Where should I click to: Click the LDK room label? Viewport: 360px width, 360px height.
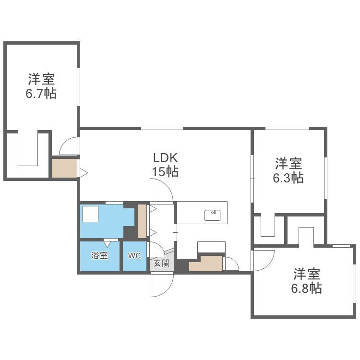[x=166, y=158]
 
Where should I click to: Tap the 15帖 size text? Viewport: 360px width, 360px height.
[x=166, y=171]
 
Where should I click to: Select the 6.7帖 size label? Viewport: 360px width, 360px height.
[x=41, y=93]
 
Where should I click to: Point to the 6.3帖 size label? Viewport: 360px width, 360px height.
[x=288, y=178]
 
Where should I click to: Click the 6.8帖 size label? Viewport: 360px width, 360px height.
[x=306, y=288]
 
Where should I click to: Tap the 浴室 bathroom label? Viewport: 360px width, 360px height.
[x=99, y=256]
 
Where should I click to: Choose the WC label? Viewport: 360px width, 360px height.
[x=134, y=256]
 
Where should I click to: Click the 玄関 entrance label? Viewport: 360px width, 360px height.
[x=161, y=263]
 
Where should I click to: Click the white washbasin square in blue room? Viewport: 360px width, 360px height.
[x=90, y=214]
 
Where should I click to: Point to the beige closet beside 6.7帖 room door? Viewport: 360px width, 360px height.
[x=64, y=168]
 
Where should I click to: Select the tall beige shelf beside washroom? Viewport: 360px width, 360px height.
[x=142, y=221]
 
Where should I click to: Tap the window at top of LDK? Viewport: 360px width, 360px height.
[x=162, y=128]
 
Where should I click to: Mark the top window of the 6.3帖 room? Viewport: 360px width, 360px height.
[x=287, y=128]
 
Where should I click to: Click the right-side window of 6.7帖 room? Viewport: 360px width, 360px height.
[x=78, y=86]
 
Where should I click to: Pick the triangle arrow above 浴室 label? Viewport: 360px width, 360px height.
[x=107, y=244]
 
